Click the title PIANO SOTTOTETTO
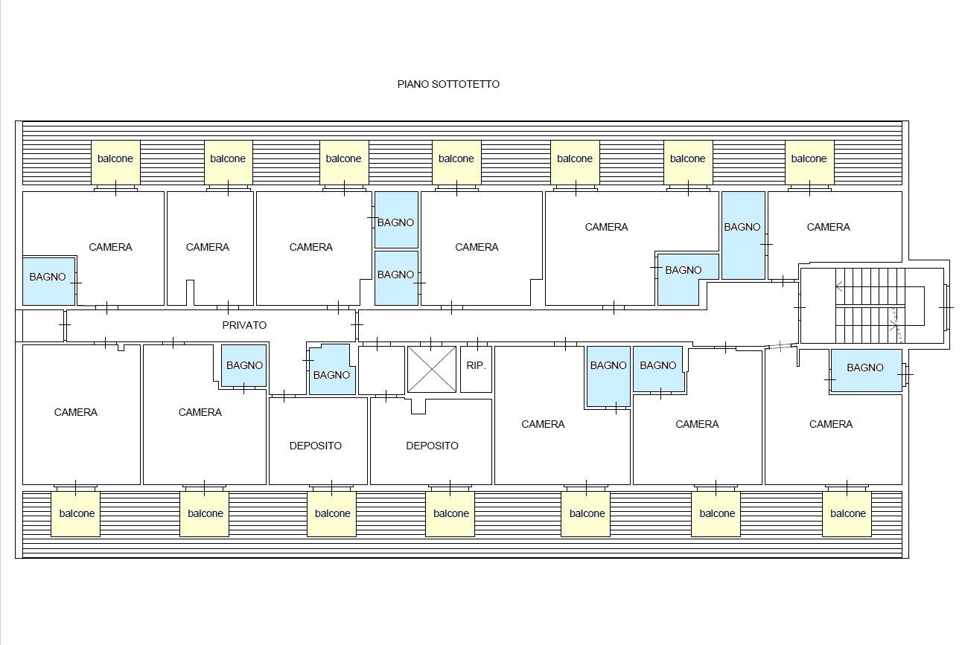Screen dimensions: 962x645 coord(448,84)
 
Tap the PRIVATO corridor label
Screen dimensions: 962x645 coord(244,325)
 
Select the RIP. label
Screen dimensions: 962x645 coord(476,365)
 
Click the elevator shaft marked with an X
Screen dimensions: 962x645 coord(432,370)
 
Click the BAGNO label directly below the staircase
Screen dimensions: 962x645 coord(865,368)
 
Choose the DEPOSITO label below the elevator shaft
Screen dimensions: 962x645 coord(432,446)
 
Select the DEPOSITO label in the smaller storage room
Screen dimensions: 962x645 coord(316,446)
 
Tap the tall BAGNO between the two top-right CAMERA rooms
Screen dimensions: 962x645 coord(743,236)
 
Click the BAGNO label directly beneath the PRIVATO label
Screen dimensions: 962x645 coord(244,365)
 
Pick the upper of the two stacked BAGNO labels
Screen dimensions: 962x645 coord(395,222)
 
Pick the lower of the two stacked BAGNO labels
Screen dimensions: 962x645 coord(395,275)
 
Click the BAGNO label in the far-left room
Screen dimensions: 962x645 coord(47,277)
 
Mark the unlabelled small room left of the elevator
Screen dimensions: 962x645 coord(381,370)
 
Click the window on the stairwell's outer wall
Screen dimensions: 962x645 coord(946,307)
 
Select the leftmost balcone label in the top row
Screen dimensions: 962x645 coord(115,158)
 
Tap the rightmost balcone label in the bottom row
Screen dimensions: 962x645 coord(848,513)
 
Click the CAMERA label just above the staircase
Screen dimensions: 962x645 coord(829,227)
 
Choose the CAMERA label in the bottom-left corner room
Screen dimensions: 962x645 coord(76,412)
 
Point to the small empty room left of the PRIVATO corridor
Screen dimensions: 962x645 coord(43,326)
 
